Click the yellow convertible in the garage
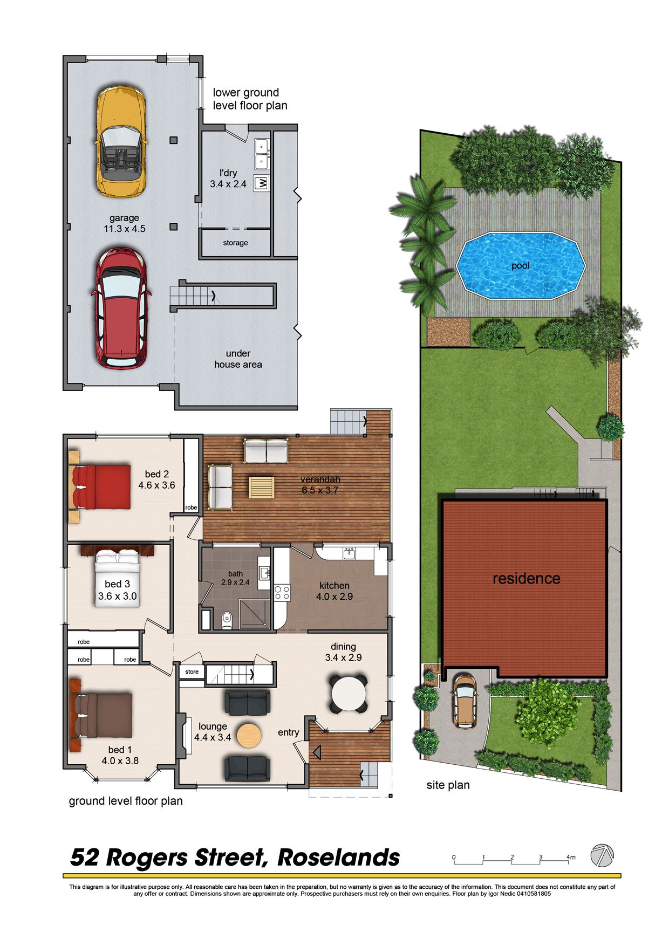coord(121,141)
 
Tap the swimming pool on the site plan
coord(521,266)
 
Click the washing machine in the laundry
coord(262,183)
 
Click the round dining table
coord(349,694)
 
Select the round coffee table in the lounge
coord(249,736)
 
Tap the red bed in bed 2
coord(101,487)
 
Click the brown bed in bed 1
coord(102,716)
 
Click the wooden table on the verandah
coord(262,487)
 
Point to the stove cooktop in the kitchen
coord(282,593)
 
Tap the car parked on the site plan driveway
coord(465,701)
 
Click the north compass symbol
coord(602,856)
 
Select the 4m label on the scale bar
coord(571,857)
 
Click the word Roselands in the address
coord(339,857)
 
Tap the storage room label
coord(236,243)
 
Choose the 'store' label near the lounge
coord(192,672)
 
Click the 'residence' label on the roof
coord(527,579)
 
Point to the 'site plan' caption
coord(448,785)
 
